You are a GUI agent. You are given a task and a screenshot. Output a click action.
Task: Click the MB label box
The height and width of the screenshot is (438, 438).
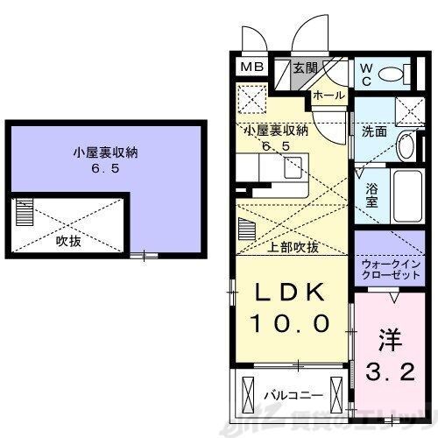[251, 67]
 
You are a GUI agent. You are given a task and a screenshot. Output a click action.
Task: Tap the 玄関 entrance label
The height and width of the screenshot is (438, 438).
[306, 68]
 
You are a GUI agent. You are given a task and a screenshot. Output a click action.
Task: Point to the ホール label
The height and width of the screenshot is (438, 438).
[328, 94]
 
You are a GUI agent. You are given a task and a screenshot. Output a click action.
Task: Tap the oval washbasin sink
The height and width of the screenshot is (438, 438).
[406, 146]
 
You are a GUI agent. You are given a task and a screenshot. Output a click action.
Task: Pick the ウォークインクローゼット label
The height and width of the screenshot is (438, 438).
[385, 268]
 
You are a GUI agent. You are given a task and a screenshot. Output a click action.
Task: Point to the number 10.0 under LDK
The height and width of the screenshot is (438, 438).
[292, 323]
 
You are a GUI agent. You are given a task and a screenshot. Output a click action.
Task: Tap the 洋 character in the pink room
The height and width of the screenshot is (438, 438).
[388, 337]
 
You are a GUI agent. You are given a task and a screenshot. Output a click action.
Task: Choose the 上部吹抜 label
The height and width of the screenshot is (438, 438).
[294, 248]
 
